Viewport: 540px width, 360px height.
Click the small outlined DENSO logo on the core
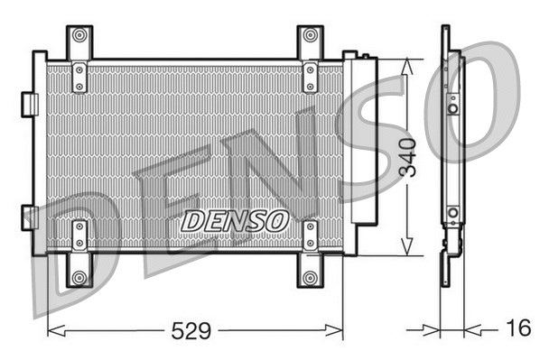(x=235, y=220)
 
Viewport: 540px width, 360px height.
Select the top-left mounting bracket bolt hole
(x=79, y=36)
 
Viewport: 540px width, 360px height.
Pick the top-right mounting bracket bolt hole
(x=310, y=36)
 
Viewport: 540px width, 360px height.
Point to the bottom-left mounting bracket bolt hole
(x=79, y=277)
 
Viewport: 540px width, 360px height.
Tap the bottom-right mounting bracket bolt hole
(x=310, y=277)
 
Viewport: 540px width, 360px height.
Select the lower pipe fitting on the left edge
(x=28, y=217)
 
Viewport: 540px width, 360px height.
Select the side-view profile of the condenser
(x=450, y=153)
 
